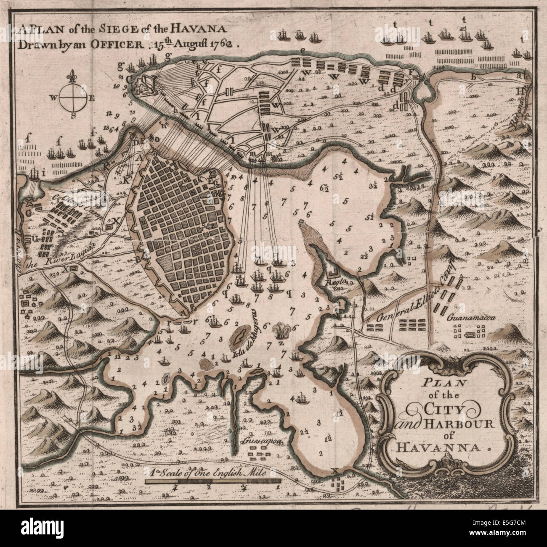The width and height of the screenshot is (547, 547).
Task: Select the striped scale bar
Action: (x=212, y=480)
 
